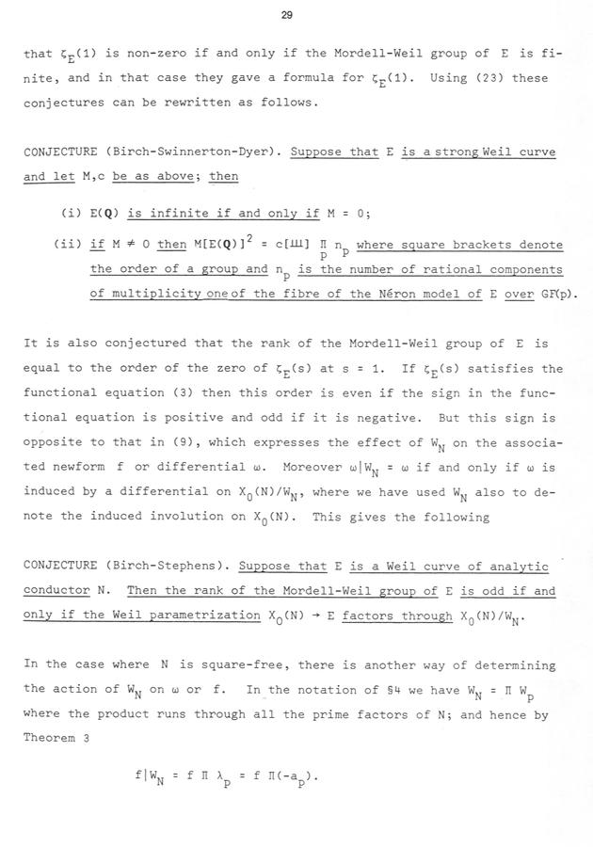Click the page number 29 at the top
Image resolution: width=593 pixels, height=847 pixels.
(x=296, y=14)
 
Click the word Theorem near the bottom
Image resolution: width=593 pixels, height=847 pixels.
(x=53, y=737)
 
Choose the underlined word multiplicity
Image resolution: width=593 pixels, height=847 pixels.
(x=156, y=294)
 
